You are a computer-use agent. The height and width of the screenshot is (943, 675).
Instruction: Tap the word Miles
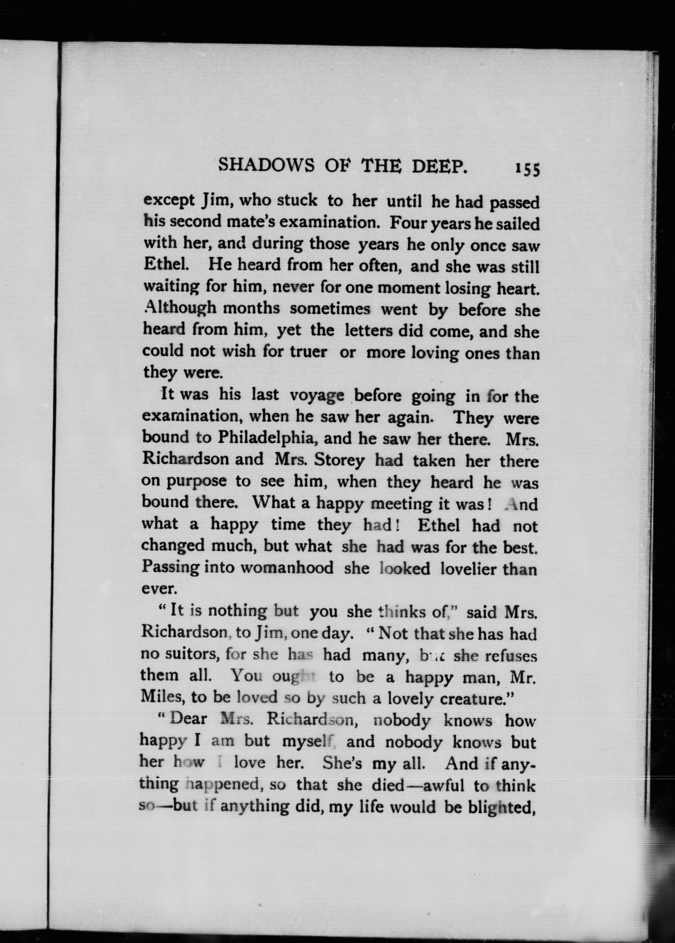160,697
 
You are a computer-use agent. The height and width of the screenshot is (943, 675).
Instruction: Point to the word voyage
317,395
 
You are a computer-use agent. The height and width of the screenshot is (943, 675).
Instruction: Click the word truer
308,352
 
